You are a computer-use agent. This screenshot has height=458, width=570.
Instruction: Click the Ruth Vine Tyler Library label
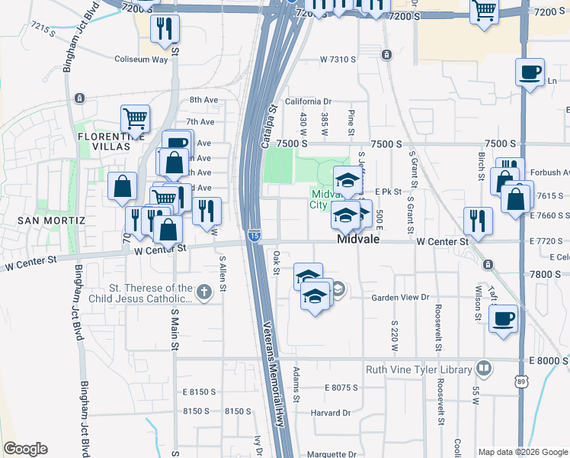[418, 369]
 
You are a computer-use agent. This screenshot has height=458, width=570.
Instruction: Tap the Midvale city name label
[360, 240]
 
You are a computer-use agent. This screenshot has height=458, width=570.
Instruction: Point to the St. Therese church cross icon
[203, 291]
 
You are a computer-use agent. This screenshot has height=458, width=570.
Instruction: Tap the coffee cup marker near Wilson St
[503, 318]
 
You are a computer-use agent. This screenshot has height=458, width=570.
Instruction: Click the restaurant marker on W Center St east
[478, 221]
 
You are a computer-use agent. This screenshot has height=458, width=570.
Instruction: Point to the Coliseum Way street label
[140, 59]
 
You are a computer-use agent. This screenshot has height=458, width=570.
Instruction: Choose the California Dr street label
[309, 101]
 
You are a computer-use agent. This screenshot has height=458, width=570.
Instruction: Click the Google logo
[25, 449]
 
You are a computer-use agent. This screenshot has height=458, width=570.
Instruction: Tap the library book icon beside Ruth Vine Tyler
[482, 369]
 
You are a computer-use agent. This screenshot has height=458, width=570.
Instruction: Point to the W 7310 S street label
[338, 59]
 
